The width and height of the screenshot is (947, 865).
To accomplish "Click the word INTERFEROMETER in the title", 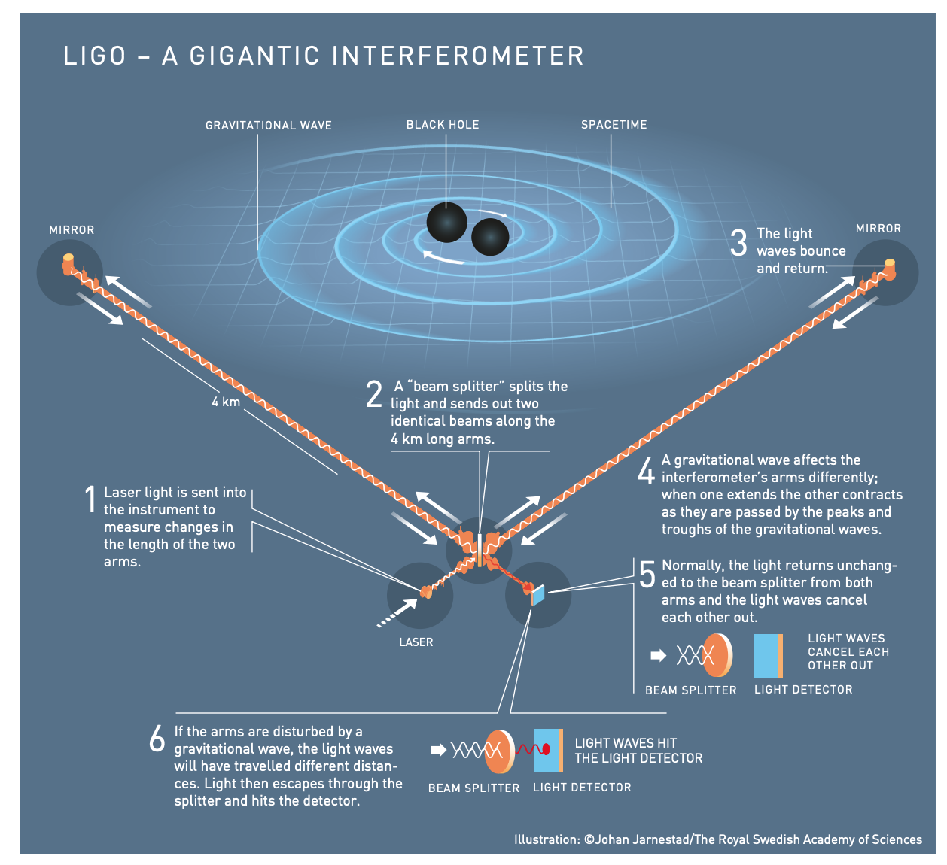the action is [458, 56].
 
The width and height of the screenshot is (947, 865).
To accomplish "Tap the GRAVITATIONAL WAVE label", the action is [268, 126].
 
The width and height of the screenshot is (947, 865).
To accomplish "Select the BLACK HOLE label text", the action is [443, 125].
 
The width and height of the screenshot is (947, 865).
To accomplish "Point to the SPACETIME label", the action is [614, 125].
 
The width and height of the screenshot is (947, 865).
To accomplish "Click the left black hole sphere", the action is [446, 222].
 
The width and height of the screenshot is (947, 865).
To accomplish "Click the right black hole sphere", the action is [489, 237].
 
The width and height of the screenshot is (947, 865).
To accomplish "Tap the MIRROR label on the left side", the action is [72, 230].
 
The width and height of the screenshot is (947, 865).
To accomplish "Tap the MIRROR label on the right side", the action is [878, 229].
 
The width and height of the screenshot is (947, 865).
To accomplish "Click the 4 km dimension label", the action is [226, 402].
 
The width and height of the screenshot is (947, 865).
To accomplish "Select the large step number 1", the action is [90, 499].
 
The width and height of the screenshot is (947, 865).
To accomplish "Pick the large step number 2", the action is [374, 393].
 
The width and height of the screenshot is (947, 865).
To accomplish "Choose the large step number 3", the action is [738, 242].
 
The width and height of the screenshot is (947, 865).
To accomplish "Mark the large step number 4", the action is [645, 470].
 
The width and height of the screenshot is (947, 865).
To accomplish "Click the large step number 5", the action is [647, 575].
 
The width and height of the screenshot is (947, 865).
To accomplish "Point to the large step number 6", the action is [157, 738].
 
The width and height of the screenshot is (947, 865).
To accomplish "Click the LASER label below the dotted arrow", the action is [416, 642].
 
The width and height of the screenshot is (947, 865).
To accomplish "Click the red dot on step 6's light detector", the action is [547, 748].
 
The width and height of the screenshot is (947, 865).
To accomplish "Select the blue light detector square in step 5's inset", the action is [766, 656].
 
